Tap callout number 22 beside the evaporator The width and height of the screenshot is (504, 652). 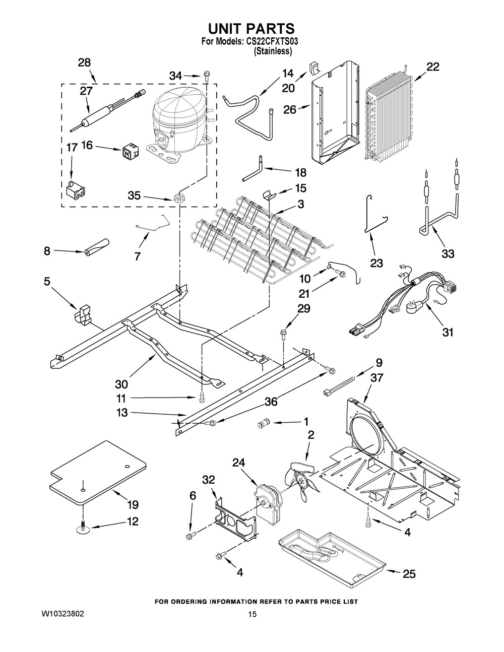[x=432, y=67]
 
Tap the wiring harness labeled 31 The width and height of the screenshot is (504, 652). [x=408, y=297]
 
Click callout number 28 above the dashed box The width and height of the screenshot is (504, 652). [x=84, y=62]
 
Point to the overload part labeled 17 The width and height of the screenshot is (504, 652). [x=75, y=188]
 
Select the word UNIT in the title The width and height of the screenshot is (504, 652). [x=229, y=29]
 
